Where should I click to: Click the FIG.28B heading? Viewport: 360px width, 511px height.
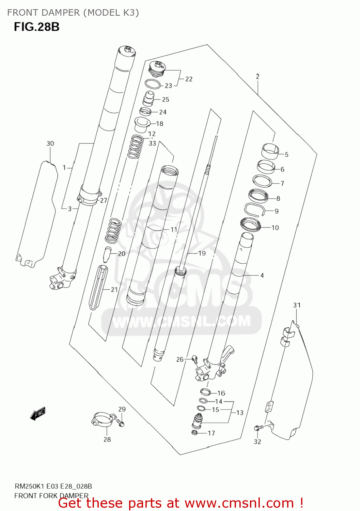[x=36, y=27]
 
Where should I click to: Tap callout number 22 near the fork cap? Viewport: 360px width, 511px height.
[x=189, y=79]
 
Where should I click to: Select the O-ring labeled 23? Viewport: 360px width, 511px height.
[x=153, y=84]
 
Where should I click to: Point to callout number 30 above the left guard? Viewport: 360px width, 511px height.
[x=50, y=143]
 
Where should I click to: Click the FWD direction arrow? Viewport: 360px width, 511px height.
[x=38, y=414]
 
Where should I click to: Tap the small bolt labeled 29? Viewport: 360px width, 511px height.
[x=121, y=423]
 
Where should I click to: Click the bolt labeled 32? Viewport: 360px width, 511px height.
[x=257, y=428]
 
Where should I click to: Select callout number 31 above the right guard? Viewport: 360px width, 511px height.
[x=297, y=305]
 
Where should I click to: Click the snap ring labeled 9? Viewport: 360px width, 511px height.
[x=255, y=210]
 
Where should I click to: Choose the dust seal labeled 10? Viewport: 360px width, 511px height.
[x=250, y=224]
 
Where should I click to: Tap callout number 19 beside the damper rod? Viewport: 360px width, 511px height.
[x=202, y=253]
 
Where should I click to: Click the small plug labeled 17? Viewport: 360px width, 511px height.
[x=195, y=433]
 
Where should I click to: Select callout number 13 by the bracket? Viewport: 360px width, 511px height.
[x=240, y=413]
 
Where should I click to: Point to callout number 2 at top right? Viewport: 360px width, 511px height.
[x=257, y=77]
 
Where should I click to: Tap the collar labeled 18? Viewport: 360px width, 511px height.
[x=141, y=125]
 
